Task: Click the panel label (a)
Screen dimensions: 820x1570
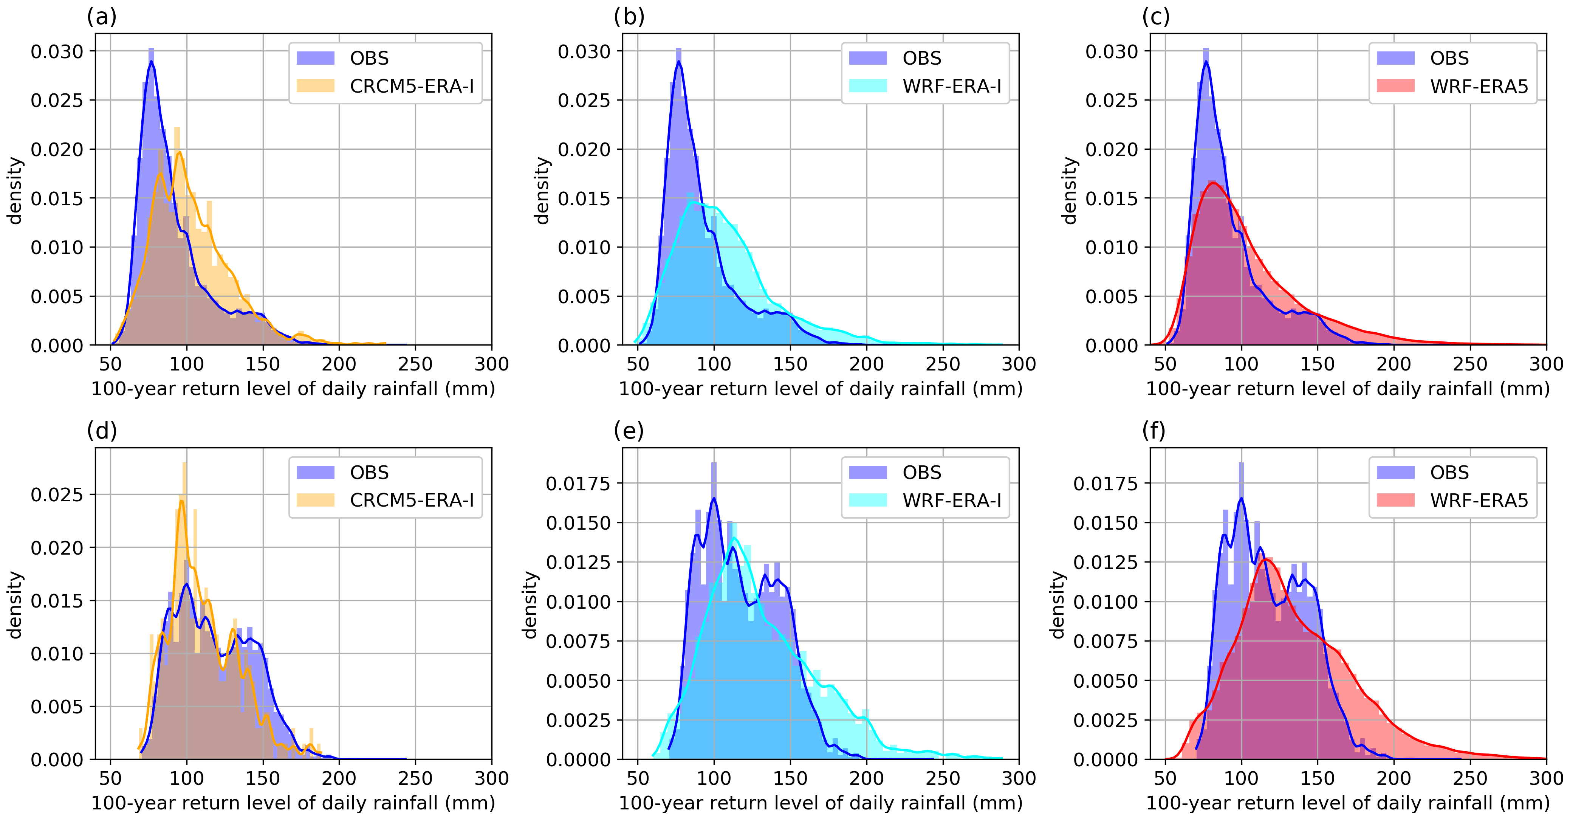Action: point(101,17)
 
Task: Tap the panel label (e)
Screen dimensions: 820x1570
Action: point(629,431)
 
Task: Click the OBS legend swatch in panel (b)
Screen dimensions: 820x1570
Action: point(868,59)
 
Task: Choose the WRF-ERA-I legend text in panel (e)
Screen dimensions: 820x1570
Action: point(952,501)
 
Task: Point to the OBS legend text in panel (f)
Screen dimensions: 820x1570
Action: point(1449,473)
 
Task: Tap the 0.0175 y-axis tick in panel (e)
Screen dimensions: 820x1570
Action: point(578,484)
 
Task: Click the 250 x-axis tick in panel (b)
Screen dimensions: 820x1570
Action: point(943,364)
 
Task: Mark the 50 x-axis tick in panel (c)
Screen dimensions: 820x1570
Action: point(1165,364)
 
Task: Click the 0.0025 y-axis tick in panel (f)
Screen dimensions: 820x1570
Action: point(1105,720)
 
